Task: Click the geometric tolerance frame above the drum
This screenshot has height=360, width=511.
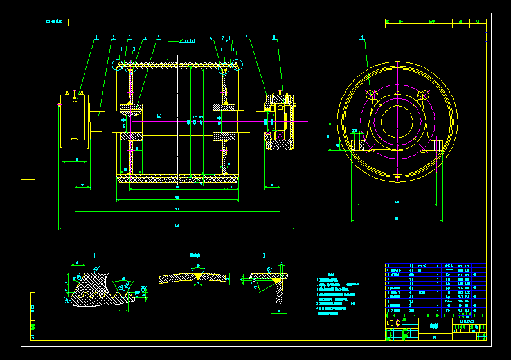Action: [x=187, y=41]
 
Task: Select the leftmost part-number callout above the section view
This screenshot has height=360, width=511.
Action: [x=96, y=38]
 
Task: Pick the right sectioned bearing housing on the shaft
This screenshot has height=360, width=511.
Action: [x=280, y=122]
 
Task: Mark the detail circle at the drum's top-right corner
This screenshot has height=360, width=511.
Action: [x=238, y=64]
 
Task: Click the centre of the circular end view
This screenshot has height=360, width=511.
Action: [x=397, y=121]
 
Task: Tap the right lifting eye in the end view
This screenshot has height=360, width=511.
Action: [x=422, y=96]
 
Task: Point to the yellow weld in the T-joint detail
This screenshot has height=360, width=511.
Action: [x=278, y=280]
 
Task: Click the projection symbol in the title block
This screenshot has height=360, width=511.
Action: [x=393, y=321]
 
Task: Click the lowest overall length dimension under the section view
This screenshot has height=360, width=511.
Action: [x=177, y=226]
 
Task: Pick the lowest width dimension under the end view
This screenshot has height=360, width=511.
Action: [x=397, y=219]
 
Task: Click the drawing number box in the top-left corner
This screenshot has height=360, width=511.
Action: [x=51, y=22]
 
